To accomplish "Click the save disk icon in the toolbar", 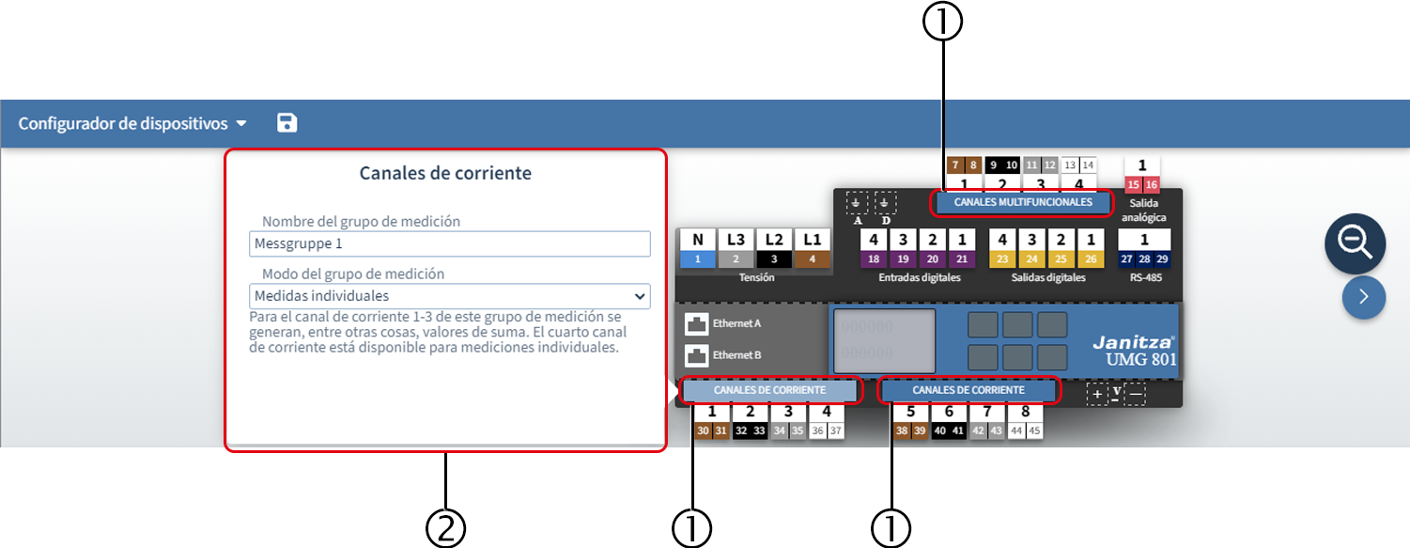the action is (x=287, y=123).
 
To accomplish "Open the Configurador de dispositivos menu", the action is (x=132, y=123).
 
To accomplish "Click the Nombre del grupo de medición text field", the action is (x=449, y=243).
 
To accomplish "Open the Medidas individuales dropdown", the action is (x=449, y=296).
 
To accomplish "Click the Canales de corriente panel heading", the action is (x=445, y=173).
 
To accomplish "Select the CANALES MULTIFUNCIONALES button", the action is (x=1023, y=202).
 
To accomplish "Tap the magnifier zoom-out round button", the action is (x=1355, y=243).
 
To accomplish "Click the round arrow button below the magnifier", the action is (x=1363, y=297).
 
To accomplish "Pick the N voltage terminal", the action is (x=697, y=248).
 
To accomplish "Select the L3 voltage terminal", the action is (x=736, y=248).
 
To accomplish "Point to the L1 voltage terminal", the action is (x=812, y=248).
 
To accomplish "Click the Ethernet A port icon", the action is (x=696, y=323).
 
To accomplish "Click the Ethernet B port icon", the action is (x=696, y=355).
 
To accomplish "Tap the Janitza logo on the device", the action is (x=1133, y=342).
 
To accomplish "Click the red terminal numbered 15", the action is (x=1133, y=184).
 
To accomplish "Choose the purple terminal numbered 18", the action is (x=874, y=258).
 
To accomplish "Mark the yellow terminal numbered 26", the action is (x=1091, y=258).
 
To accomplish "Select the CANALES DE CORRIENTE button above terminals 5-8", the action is (x=968, y=390).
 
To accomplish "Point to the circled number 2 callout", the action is (x=445, y=528).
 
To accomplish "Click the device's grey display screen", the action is (x=884, y=341).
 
